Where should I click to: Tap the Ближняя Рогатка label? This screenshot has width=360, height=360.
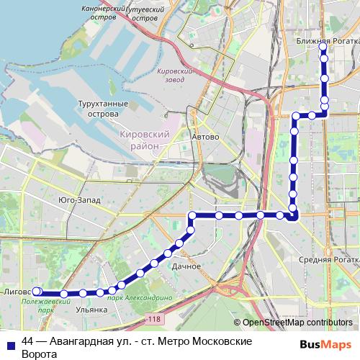328,42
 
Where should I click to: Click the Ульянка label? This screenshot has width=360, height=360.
91,309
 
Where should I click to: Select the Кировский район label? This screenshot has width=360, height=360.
145,140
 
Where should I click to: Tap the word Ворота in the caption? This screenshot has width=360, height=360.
39,355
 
